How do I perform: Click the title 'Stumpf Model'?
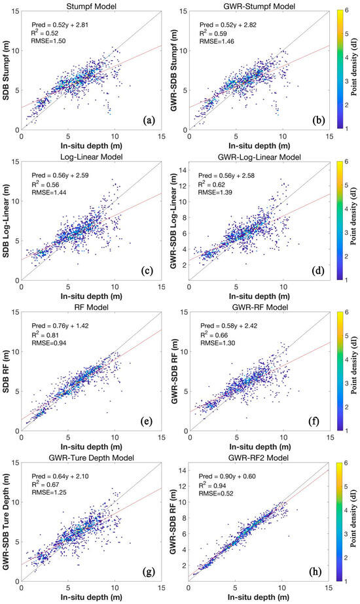coord(92,5)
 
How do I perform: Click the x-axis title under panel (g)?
coord(92,596)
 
